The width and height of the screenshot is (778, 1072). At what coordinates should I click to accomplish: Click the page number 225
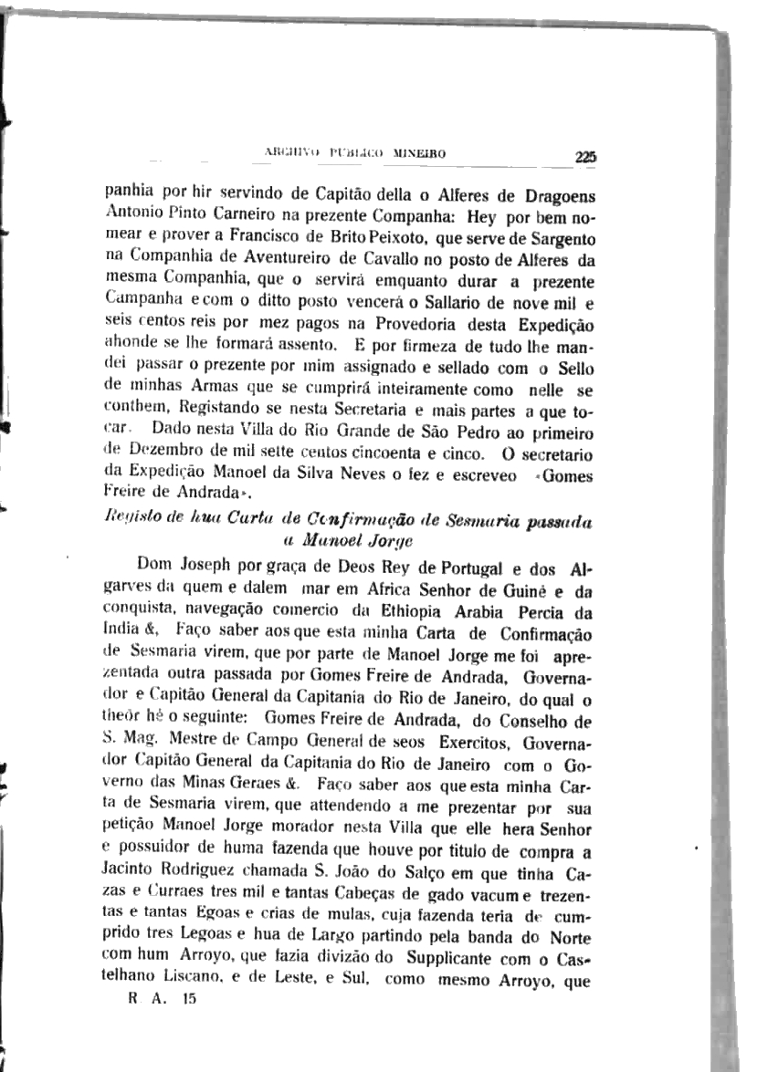[585, 157]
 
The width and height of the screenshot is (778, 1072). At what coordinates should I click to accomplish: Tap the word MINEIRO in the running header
[419, 154]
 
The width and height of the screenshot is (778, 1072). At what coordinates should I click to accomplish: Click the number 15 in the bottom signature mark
[188, 999]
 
